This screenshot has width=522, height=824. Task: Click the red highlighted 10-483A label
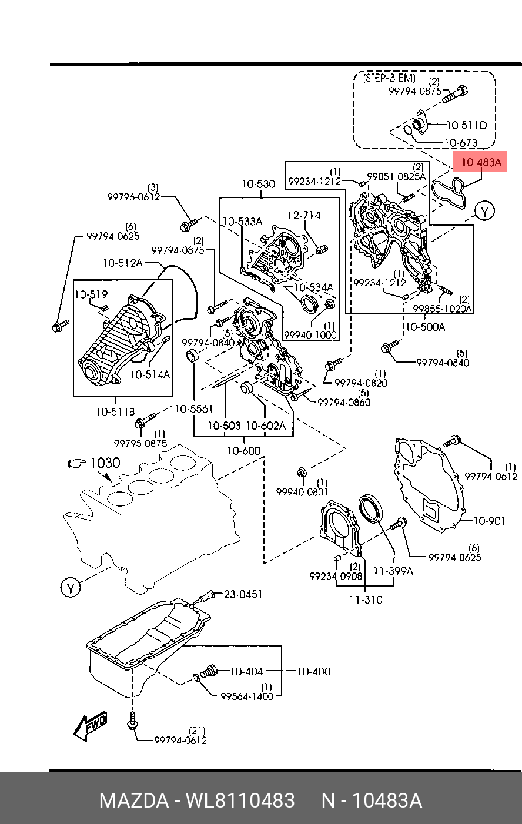click(480, 162)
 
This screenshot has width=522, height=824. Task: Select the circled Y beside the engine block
click(71, 588)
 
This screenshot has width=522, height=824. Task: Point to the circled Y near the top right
click(484, 211)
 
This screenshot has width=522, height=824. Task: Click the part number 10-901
click(489, 521)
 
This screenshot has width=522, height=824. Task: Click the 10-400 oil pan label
click(314, 671)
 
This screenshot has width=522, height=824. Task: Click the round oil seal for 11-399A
click(371, 508)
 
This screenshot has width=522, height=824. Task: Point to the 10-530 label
click(259, 184)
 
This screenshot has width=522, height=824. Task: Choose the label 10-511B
click(115, 411)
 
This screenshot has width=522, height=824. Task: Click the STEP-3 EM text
click(389, 78)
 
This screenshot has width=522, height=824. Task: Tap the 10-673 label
click(461, 142)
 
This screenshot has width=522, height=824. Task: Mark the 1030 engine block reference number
click(105, 463)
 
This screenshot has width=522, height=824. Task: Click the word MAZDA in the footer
click(134, 800)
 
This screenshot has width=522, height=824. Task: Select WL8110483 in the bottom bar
click(240, 800)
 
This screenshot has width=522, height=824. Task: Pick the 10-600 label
click(244, 451)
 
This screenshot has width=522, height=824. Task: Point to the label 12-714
click(304, 215)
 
